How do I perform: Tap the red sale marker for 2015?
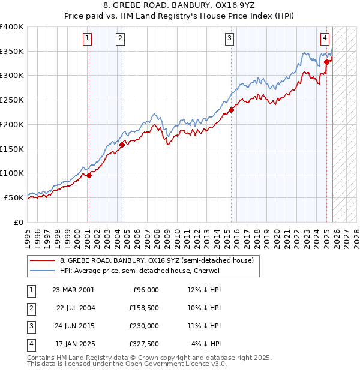[x=231, y=110]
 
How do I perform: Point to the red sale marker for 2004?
[x=122, y=145]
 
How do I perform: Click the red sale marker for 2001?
[x=89, y=175]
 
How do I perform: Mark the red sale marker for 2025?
[x=326, y=62]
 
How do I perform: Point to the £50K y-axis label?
[x=14, y=197]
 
